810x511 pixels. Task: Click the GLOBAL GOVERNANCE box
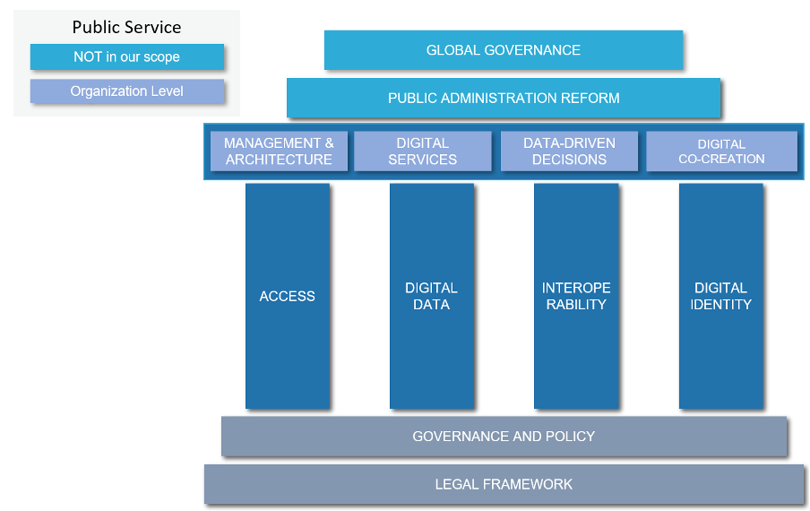504,50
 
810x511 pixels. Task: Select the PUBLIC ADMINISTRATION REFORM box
504,98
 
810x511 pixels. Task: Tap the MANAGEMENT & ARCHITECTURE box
279,151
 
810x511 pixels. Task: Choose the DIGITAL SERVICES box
423,151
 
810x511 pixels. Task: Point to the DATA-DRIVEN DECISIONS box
569,151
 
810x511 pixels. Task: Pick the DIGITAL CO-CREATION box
721,151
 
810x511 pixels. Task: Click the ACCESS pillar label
288,296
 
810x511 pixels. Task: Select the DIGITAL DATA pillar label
431,296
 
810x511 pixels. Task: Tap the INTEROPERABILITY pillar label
576,296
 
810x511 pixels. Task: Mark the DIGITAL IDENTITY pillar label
720,296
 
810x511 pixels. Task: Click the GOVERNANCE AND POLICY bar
504,437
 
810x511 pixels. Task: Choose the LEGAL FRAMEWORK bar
504,484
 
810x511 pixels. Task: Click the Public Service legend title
126,28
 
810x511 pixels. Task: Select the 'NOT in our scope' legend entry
126,57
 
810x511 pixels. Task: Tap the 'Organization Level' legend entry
126,91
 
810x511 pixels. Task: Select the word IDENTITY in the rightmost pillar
721,305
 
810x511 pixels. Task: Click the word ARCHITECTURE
279,160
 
